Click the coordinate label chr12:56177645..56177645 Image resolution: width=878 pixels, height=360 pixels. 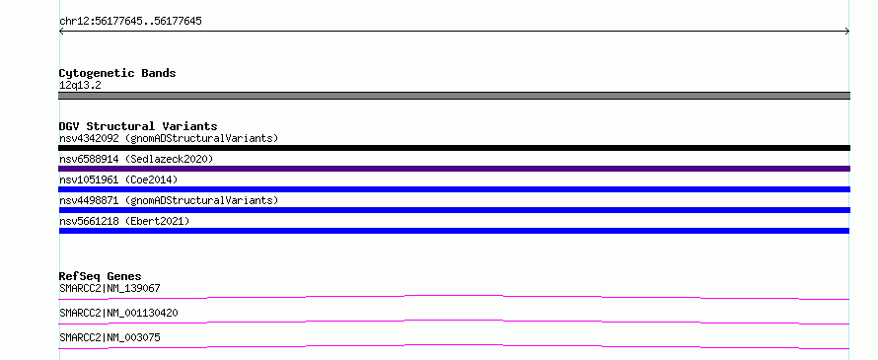130,22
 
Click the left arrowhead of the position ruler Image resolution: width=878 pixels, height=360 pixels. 60,32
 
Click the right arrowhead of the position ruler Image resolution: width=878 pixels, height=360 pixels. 847,32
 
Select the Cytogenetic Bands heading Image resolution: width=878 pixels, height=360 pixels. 117,73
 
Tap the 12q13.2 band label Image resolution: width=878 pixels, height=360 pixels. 80,86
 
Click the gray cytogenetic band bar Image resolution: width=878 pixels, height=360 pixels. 454,96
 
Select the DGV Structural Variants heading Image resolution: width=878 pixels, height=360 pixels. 138,126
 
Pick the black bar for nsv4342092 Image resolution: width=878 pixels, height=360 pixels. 454,148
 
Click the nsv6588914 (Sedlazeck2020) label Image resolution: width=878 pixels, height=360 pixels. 136,159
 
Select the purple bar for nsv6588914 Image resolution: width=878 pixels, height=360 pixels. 454,169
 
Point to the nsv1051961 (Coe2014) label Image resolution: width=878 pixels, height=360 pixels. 118,180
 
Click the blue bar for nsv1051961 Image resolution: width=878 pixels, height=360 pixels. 454,189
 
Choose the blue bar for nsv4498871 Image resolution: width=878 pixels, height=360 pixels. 454,210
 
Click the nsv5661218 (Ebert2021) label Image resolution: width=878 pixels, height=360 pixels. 124,221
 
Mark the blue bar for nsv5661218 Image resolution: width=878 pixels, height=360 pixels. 454,231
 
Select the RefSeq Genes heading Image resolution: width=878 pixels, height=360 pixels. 101,276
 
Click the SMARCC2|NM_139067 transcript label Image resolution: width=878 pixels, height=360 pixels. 110,288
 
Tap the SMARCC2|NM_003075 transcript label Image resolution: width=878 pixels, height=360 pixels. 110,337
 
